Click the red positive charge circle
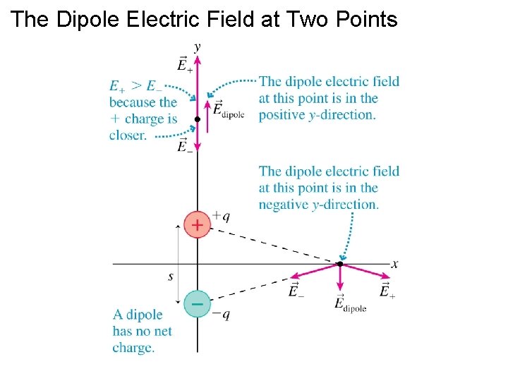197,226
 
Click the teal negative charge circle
197,304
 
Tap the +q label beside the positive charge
222,216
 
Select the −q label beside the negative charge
222,315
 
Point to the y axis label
197,47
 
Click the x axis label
395,264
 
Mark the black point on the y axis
198,120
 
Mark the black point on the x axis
339,264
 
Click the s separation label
171,277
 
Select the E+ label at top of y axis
186,65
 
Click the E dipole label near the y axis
228,110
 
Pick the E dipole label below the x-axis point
349,304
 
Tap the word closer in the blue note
128,135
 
